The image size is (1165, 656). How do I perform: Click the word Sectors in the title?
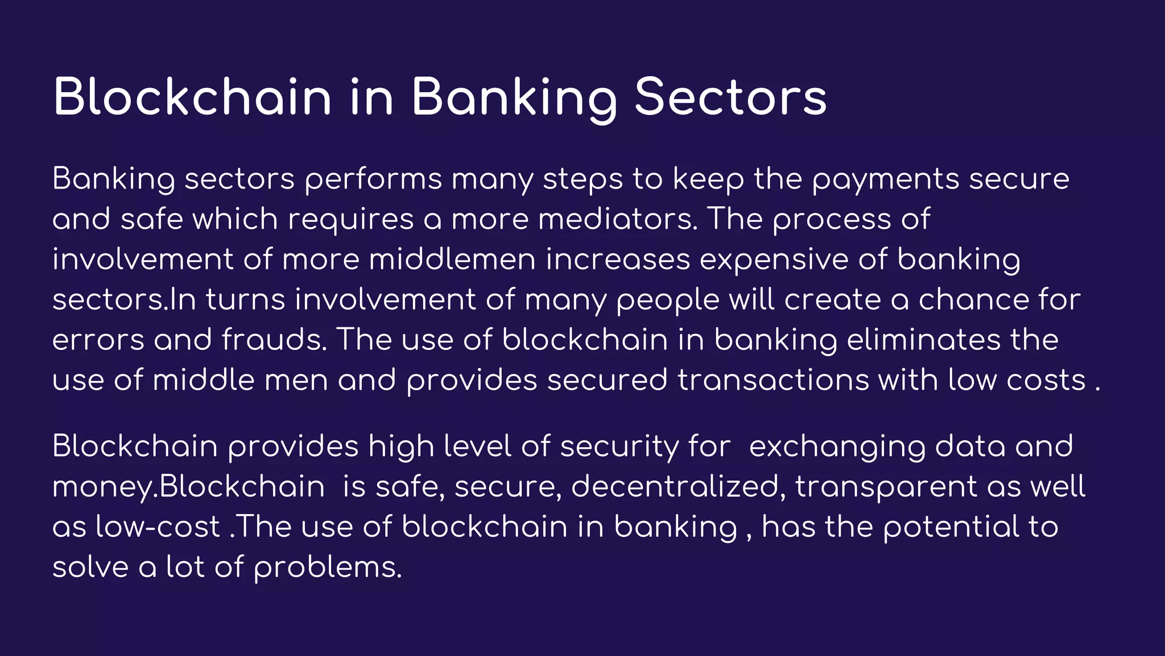point(730,97)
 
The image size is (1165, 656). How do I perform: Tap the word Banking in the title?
point(514,97)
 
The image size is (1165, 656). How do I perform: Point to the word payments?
point(885,179)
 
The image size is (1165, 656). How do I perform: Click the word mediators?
point(618,219)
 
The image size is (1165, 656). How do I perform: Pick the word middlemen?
point(452,260)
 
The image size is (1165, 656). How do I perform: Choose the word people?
point(668,300)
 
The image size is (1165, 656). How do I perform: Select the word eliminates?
point(923,340)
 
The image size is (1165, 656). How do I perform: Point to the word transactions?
point(773,380)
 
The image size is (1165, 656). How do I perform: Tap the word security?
point(619,446)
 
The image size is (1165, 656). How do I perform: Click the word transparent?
point(886,487)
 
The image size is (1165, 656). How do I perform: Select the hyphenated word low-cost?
point(158,527)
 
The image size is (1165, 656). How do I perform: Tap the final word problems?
point(328,568)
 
